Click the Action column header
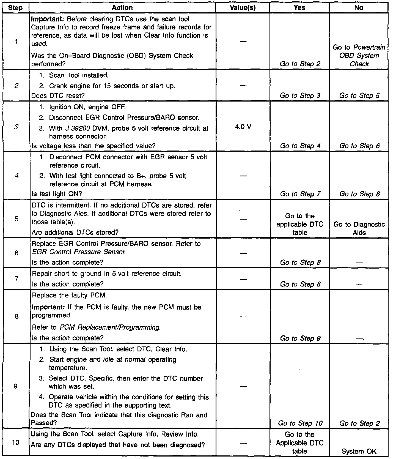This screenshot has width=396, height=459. (x=122, y=8)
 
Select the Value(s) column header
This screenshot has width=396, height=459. (x=243, y=8)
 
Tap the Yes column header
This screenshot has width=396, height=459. (x=299, y=8)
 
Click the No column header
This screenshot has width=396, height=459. (x=359, y=8)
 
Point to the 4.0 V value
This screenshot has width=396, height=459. (x=243, y=127)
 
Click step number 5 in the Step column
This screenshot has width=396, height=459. (x=16, y=219)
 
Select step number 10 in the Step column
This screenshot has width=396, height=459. (x=16, y=443)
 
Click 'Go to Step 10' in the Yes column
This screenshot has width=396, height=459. (x=300, y=424)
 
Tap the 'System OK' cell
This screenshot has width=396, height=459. (x=359, y=451)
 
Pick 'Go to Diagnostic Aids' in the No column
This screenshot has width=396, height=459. (x=359, y=228)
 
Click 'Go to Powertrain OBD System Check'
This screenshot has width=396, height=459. (x=359, y=56)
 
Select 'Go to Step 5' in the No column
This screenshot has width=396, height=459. (x=359, y=95)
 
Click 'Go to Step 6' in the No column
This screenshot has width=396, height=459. (x=359, y=146)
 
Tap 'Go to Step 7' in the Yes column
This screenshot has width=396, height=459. (x=300, y=194)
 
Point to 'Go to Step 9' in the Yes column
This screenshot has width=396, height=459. (x=300, y=338)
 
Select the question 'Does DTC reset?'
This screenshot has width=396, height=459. (x=58, y=95)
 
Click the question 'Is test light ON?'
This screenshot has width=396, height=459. (x=57, y=194)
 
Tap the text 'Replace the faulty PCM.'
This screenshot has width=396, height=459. (x=70, y=296)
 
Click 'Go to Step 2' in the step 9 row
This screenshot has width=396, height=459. (x=359, y=424)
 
